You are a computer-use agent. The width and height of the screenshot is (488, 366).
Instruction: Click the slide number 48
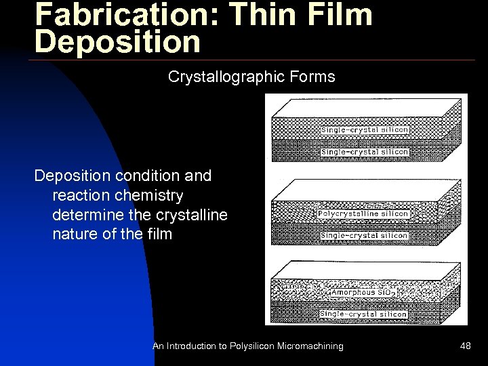(x=465, y=346)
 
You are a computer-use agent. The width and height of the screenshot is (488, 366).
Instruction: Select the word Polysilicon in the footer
(x=252, y=346)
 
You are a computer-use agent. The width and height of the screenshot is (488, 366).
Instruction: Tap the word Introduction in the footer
(x=192, y=346)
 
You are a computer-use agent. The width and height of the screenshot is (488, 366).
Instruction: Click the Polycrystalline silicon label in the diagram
(x=363, y=214)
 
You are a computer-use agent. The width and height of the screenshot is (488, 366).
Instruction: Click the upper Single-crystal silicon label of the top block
(x=365, y=129)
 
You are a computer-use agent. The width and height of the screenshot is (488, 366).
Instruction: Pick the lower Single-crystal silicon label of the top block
(x=365, y=152)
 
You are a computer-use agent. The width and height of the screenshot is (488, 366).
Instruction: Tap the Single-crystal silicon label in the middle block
(x=363, y=236)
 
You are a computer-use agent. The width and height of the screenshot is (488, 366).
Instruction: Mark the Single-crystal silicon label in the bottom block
(x=363, y=314)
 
